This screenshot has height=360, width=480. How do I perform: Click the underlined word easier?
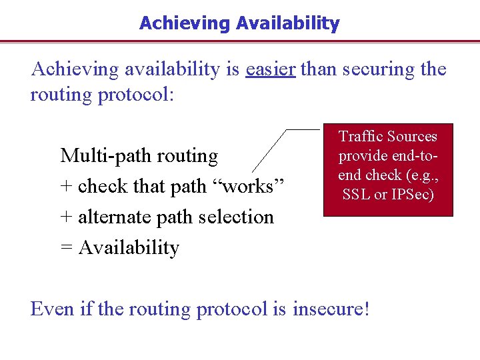tap(270, 69)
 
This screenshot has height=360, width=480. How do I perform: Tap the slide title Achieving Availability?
tap(239, 23)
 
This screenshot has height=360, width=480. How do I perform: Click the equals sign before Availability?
tap(67, 248)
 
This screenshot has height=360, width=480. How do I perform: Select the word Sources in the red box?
tap(412, 137)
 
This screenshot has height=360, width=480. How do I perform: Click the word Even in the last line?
tap(51, 309)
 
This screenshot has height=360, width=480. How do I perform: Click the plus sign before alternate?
tap(67, 217)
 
